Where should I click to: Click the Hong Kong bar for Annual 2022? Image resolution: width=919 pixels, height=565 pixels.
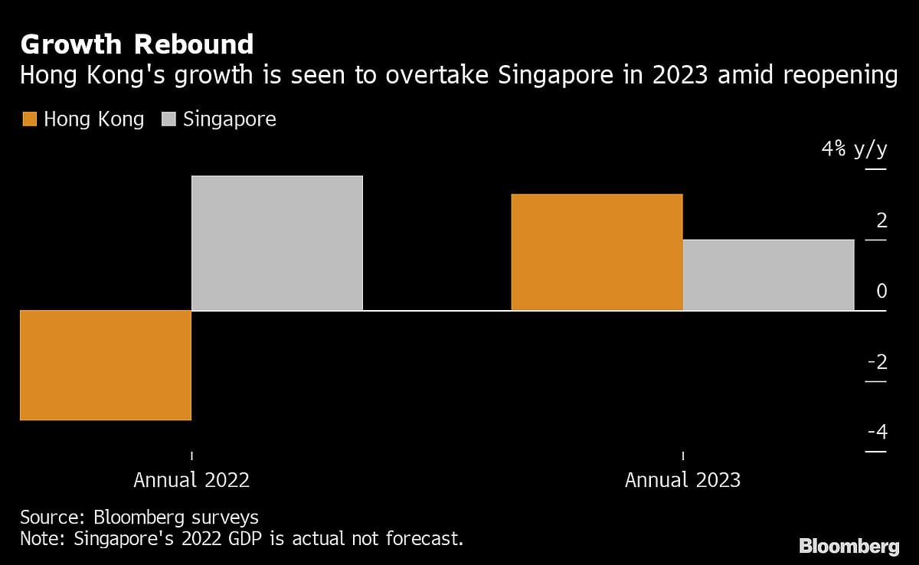coord(106,365)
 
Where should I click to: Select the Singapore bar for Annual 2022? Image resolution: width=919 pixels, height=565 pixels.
coord(276,243)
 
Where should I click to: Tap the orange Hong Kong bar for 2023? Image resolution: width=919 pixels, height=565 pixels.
coord(597,253)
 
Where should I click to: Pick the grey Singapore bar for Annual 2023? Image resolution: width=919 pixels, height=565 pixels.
coord(768,275)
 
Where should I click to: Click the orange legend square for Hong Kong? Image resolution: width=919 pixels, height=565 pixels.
coord(30,119)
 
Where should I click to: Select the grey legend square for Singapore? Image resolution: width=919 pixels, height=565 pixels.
coord(169,119)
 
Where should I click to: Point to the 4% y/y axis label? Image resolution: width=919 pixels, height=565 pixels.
coord(854,149)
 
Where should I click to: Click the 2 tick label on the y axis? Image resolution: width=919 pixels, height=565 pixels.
coord(881,221)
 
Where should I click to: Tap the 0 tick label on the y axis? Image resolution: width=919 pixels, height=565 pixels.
coord(881,292)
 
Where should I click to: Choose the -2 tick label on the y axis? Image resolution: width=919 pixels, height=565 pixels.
coord(877,362)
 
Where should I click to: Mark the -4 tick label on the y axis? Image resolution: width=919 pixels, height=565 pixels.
coord(877,433)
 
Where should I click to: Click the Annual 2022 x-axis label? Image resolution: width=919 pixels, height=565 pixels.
coord(191,480)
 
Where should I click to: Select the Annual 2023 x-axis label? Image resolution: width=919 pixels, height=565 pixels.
coord(682,480)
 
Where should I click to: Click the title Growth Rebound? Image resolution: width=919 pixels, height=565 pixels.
coord(137,45)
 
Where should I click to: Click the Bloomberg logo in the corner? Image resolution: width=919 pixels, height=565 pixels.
coord(849,546)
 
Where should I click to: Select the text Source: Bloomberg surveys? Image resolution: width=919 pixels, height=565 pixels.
coord(139,517)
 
